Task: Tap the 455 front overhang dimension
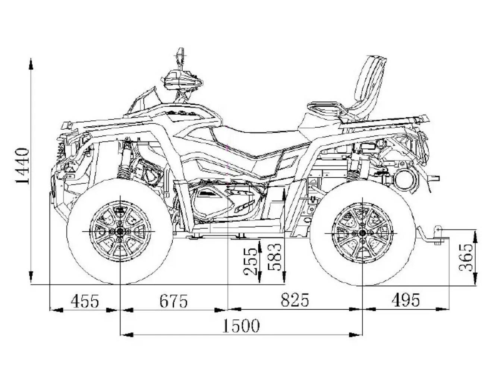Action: [85, 301]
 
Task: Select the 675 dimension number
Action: [173, 301]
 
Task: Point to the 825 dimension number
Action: [295, 300]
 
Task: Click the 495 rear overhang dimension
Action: [406, 300]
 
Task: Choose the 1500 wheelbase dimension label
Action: [241, 326]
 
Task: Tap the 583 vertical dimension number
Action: [275, 257]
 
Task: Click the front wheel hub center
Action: [120, 231]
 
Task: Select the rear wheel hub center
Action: [362, 232]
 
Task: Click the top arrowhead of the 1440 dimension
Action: [31, 64]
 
